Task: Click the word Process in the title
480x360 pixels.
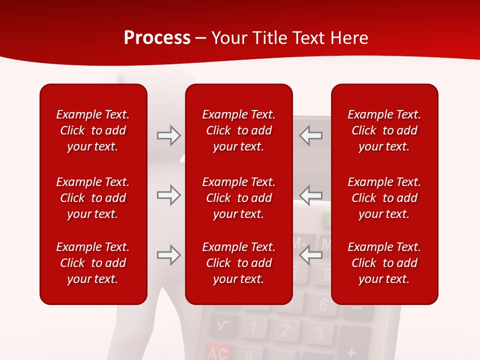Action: click(x=157, y=38)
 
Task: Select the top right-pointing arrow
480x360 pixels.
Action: click(x=168, y=135)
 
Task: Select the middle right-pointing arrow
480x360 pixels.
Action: click(x=168, y=195)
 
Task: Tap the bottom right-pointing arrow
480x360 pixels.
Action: click(x=168, y=255)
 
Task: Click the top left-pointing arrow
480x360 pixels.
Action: click(x=311, y=135)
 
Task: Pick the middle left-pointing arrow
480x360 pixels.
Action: click(x=311, y=195)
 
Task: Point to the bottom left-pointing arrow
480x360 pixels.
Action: click(x=311, y=255)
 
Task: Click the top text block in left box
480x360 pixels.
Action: click(x=93, y=130)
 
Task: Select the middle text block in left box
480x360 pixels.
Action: click(x=93, y=198)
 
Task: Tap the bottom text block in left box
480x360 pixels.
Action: click(x=93, y=263)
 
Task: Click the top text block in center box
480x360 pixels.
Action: click(x=239, y=130)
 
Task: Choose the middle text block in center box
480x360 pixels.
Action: click(x=239, y=198)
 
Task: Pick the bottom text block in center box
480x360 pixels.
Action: click(x=239, y=263)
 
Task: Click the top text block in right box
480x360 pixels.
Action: click(x=384, y=130)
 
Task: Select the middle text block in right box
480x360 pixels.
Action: click(x=384, y=198)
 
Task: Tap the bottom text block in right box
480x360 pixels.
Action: click(x=384, y=263)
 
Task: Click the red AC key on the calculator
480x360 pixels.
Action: click(x=218, y=352)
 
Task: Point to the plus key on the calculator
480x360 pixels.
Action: click(x=351, y=352)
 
